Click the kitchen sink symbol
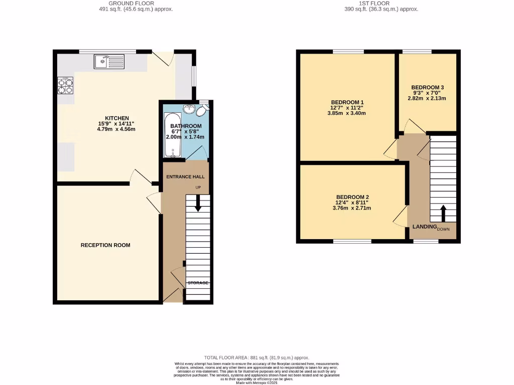click(108, 62)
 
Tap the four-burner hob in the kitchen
click(65, 85)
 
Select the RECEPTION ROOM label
click(105, 245)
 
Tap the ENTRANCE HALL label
click(185, 177)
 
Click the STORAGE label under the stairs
click(198, 283)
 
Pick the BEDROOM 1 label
click(347, 102)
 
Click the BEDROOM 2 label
click(353, 197)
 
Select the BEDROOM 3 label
click(427, 87)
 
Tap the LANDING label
click(424, 227)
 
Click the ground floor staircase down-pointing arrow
click(198, 203)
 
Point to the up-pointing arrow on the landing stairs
click(443, 213)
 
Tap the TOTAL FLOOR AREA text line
click(256, 357)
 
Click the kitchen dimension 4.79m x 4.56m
click(116, 129)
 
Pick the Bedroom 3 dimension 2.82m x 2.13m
click(427, 98)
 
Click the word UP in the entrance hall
click(198, 187)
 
